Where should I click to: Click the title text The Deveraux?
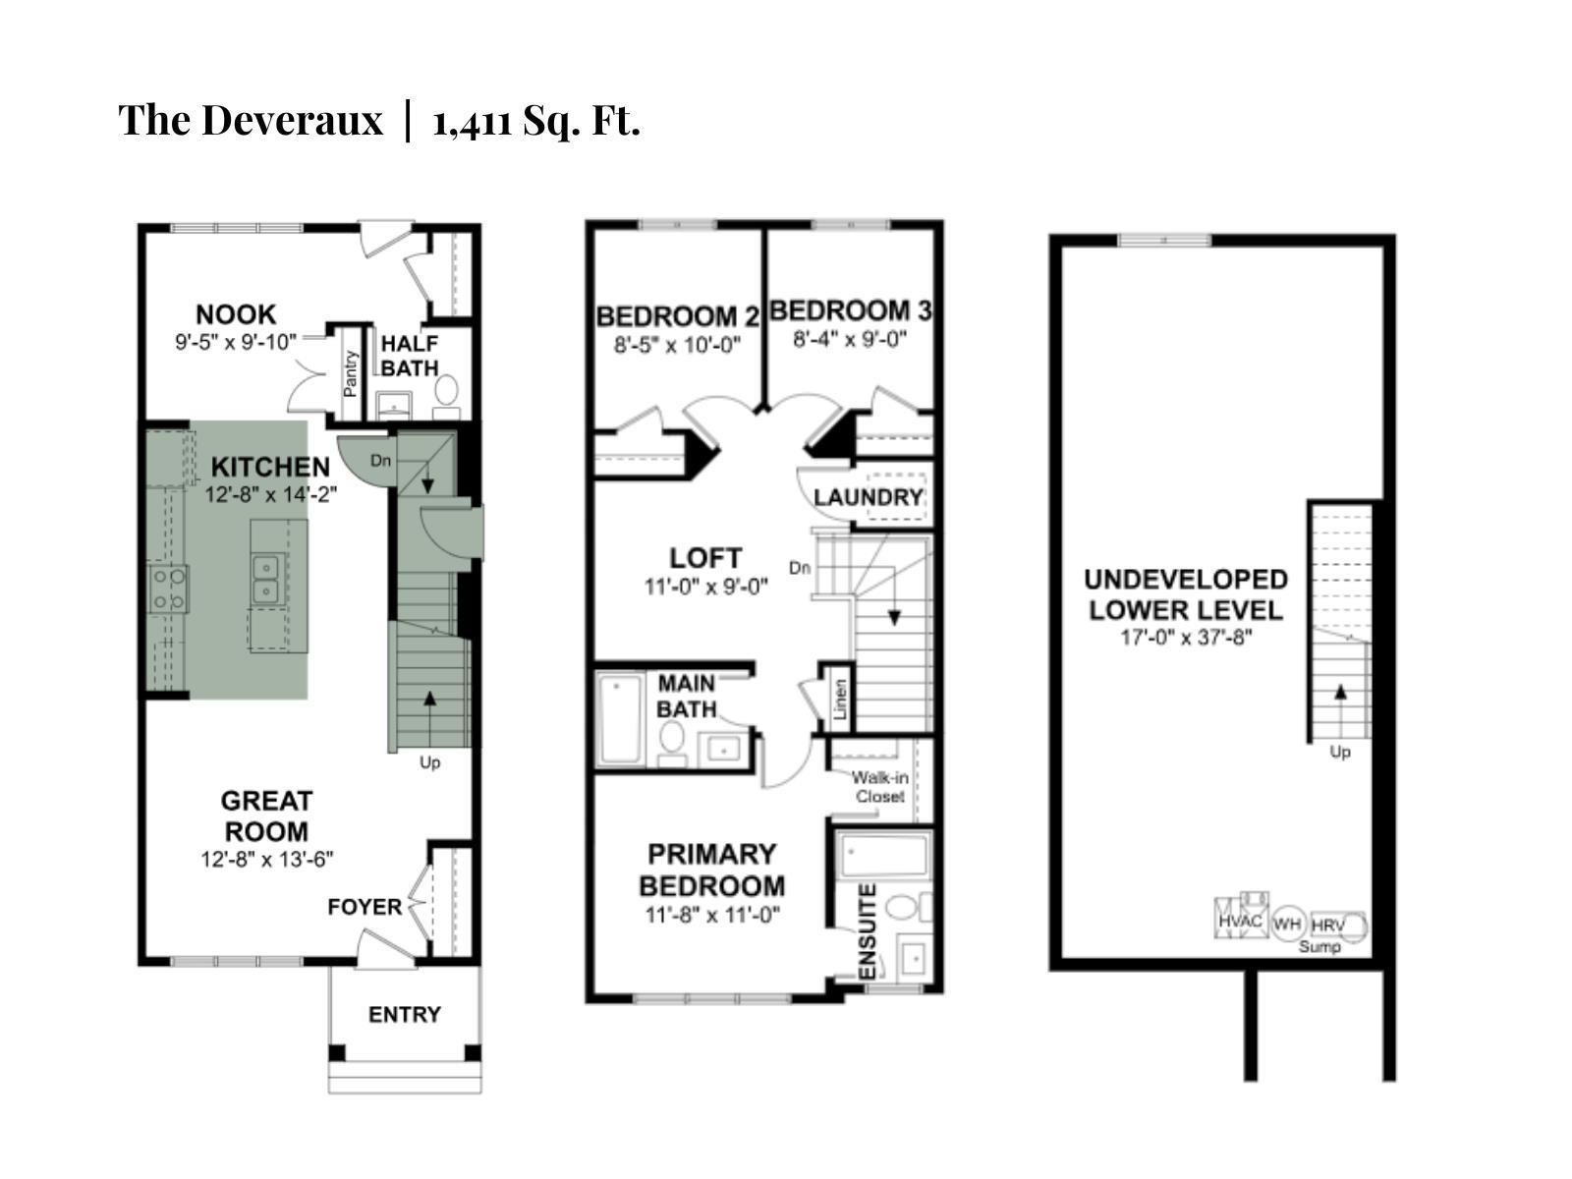tap(251, 121)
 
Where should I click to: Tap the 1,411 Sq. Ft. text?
tap(535, 121)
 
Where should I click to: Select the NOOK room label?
tap(236, 314)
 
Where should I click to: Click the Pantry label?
tap(350, 373)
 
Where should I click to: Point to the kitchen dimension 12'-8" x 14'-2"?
tap(271, 494)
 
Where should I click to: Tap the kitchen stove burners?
tap(168, 589)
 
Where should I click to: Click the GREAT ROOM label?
tap(266, 815)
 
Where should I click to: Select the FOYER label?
tap(365, 907)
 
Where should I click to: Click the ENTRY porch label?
tap(405, 1014)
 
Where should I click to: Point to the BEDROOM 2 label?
tap(678, 316)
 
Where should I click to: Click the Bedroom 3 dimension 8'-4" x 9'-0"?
tap(850, 339)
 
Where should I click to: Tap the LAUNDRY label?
tap(869, 497)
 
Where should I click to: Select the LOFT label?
tap(705, 558)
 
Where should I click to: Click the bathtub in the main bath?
tap(620, 717)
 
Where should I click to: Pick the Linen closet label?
tap(840, 700)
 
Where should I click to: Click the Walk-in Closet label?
tap(879, 787)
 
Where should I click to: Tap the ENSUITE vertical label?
tap(867, 931)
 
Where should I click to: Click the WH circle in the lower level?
tap(1287, 925)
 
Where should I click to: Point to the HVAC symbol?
tap(1240, 920)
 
